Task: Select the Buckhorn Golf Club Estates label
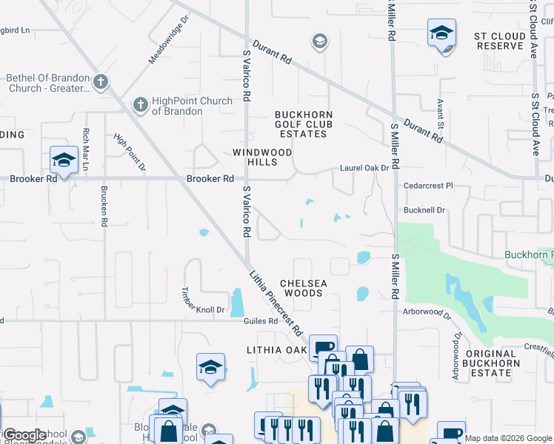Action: (304, 124)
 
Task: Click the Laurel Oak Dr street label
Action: (364, 168)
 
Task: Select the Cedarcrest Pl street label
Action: (427, 186)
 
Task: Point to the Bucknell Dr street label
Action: (424, 210)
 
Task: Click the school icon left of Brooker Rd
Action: (64, 159)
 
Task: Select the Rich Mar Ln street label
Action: (86, 150)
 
